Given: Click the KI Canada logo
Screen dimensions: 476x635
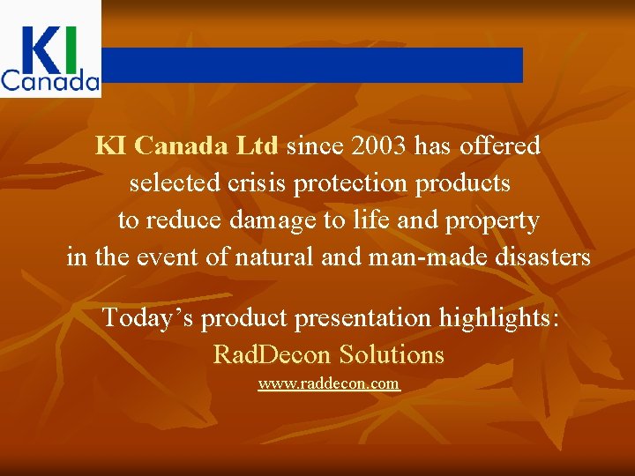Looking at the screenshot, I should point(50,48).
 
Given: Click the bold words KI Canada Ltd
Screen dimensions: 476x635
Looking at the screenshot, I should point(187,145).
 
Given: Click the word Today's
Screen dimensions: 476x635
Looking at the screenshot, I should point(148,317).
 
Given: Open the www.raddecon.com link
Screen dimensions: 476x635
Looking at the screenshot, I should point(329,384).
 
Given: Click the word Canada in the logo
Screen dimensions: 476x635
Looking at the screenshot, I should point(50,82).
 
